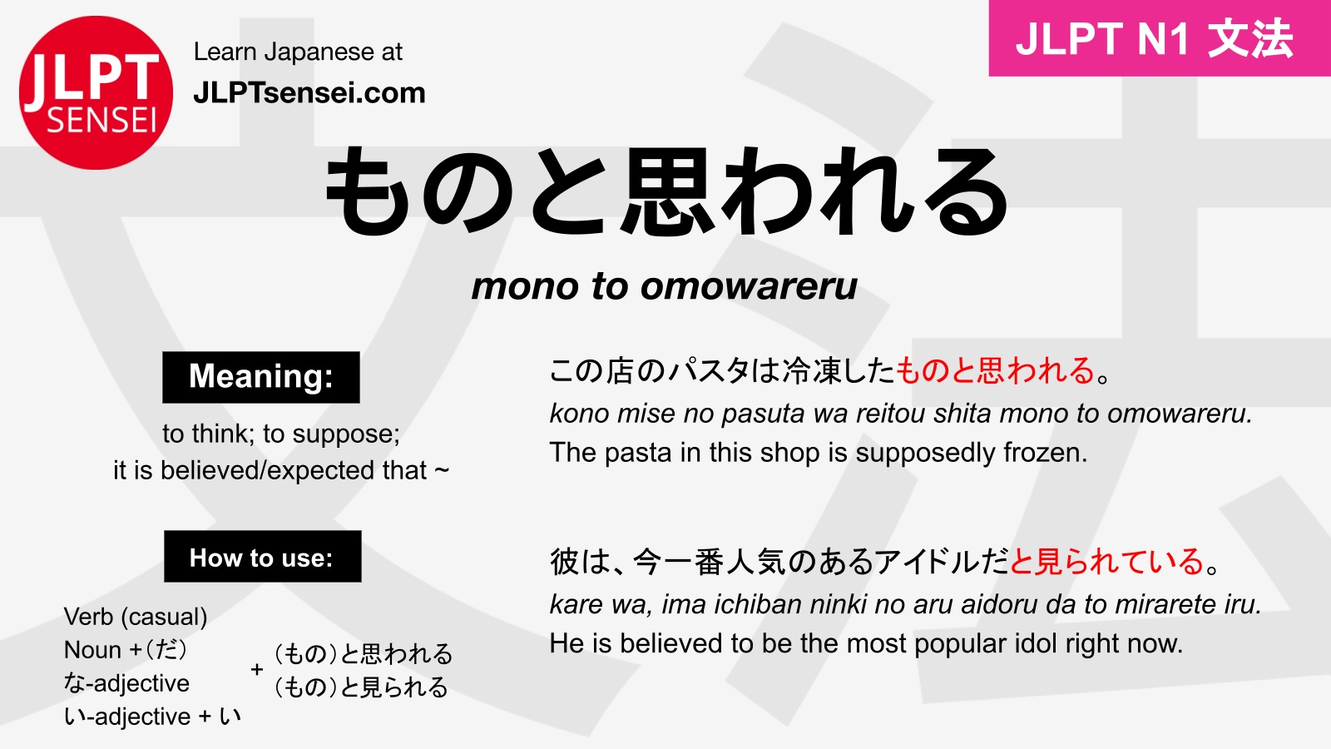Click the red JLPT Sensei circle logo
click(96, 92)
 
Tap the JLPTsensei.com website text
click(309, 92)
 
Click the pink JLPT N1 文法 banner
click(1159, 38)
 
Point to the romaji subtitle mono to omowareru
click(664, 286)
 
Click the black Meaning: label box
click(261, 377)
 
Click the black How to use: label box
click(262, 557)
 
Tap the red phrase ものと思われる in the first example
click(995, 370)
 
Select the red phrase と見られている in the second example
click(1106, 562)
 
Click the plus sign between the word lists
click(257, 669)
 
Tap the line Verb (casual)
click(136, 617)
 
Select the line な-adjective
click(126, 683)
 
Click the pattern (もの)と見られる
click(361, 687)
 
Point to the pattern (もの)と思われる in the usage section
click(363, 654)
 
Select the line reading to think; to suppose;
click(281, 434)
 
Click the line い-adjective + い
click(152, 717)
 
